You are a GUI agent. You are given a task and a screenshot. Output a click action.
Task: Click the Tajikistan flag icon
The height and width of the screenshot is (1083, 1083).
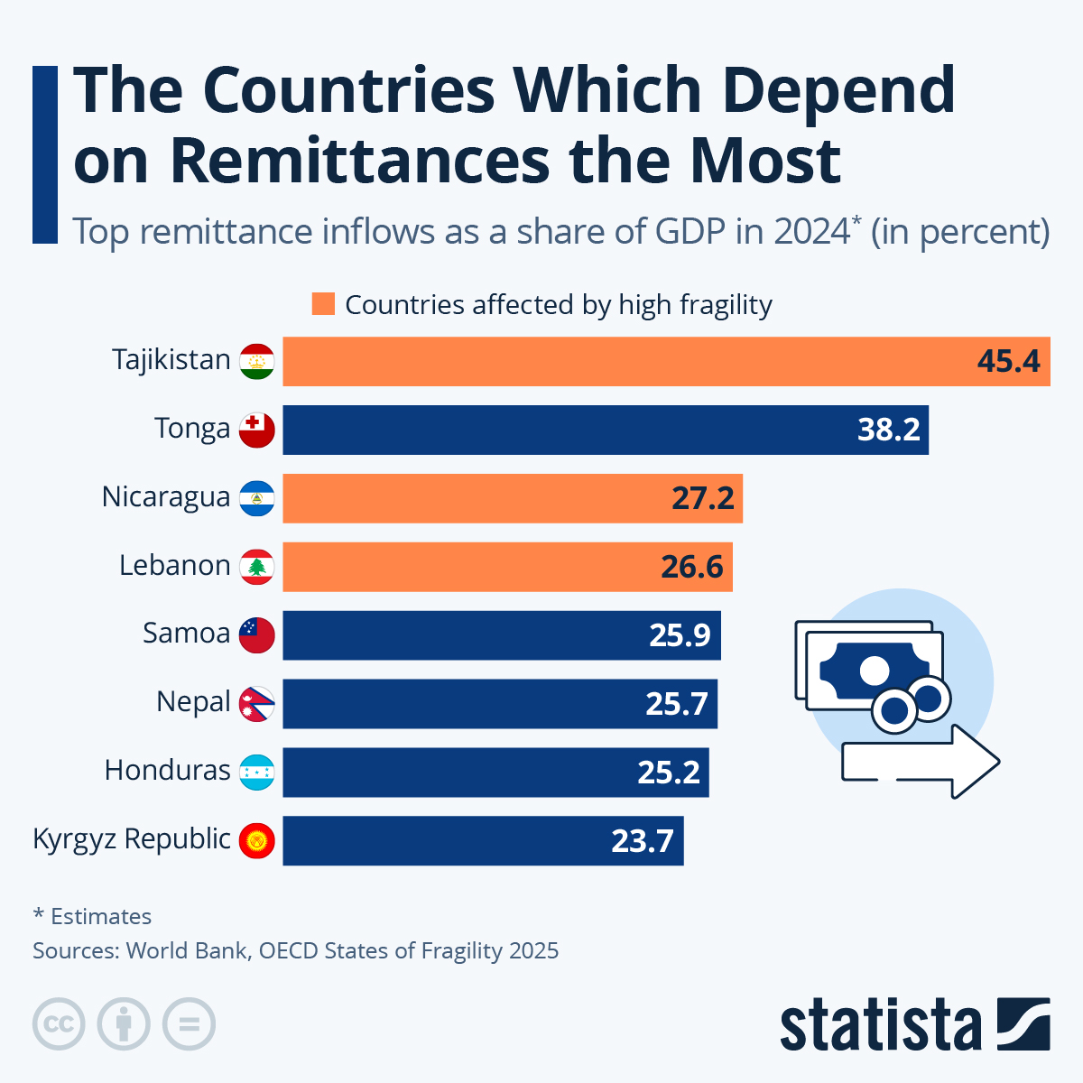click(x=257, y=362)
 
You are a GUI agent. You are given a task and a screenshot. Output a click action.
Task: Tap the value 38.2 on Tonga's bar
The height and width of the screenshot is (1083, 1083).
click(x=888, y=430)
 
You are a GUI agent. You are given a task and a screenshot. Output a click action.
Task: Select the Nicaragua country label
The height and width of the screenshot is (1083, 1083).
click(x=166, y=496)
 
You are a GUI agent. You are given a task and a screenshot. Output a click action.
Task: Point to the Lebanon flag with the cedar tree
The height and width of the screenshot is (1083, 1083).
click(x=257, y=567)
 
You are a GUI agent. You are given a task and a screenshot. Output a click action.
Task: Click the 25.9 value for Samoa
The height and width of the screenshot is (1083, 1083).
click(x=680, y=635)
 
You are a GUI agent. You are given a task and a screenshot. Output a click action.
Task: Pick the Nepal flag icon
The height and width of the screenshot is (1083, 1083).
click(x=257, y=704)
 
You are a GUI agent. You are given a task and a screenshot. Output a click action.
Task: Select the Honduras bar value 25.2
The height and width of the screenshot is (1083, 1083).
click(x=669, y=773)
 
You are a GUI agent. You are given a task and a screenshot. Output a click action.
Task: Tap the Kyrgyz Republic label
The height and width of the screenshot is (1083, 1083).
click(x=132, y=838)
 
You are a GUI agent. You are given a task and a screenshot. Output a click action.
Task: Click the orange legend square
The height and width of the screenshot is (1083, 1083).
click(x=323, y=304)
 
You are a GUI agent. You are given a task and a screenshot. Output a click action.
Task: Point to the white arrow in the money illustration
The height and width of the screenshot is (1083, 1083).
click(x=921, y=763)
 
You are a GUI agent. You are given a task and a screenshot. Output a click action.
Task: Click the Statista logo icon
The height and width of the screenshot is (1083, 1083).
click(x=1023, y=1023)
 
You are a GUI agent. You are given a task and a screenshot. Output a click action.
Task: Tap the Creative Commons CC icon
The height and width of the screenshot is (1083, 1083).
click(x=59, y=1024)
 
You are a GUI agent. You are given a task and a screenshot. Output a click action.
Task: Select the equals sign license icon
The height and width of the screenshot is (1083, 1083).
click(x=190, y=1024)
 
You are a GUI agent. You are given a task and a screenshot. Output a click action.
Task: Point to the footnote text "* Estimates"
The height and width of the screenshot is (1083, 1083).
click(x=92, y=917)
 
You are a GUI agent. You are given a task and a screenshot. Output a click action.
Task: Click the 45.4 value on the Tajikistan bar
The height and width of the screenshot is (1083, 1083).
click(x=1008, y=362)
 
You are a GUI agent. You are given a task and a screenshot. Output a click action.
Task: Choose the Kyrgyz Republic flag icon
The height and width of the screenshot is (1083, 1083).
click(x=257, y=841)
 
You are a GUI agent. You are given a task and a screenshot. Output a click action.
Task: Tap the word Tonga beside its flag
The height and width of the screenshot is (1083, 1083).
click(x=192, y=428)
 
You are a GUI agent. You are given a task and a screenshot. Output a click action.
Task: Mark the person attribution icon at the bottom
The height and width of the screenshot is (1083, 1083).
click(x=124, y=1024)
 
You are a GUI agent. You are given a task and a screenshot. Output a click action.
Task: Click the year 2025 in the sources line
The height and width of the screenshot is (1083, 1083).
click(x=533, y=951)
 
